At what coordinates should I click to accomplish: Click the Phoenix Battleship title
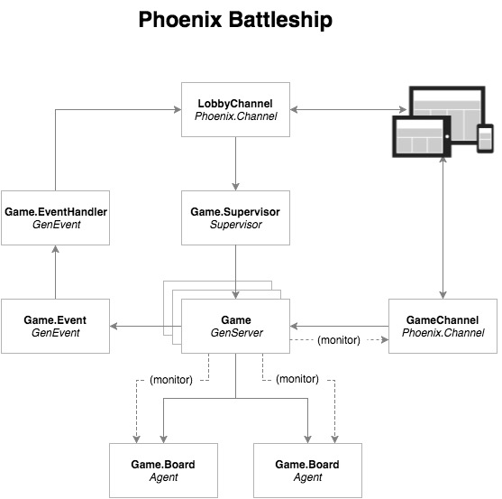coord(235,20)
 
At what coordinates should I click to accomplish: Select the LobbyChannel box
coord(235,109)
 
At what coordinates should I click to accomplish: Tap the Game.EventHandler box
coord(55,218)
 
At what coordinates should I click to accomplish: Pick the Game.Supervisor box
coord(235,218)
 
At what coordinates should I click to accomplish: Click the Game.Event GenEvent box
coord(55,327)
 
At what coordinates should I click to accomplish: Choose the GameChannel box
coord(443,327)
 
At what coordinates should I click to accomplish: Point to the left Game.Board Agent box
coord(164,470)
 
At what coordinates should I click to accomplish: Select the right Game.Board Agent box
coord(307,470)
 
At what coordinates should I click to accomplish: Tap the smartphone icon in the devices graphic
coord(485,138)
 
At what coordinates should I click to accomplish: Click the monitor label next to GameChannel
coord(339,340)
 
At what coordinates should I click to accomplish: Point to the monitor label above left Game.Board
coord(171,380)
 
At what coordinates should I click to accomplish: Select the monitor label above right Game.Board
coord(297,379)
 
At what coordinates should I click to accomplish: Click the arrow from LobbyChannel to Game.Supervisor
coord(235,163)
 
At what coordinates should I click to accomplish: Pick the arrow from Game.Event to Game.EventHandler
coord(55,273)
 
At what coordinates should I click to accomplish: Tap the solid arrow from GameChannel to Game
coord(340,327)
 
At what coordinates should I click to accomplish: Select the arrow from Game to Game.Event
coord(146,327)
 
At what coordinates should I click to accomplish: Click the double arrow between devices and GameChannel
coord(443,227)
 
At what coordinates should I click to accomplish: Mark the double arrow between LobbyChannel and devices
coord(348,109)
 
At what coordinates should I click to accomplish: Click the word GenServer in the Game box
coord(237,333)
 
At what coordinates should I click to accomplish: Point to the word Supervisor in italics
coord(236,225)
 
